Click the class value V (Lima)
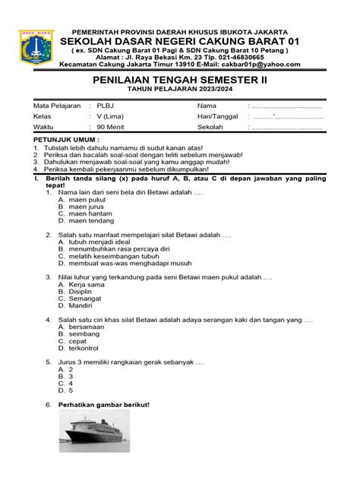click(x=109, y=117)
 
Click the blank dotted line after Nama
click(x=284, y=105)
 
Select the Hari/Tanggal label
click(x=218, y=117)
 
